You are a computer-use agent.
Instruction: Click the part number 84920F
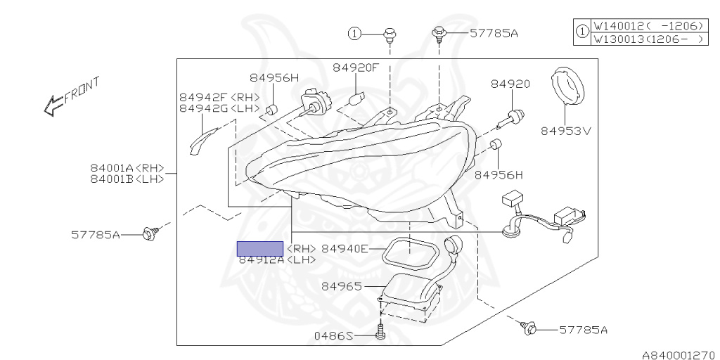tap(356, 67)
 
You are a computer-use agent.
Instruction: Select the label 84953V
tap(567, 130)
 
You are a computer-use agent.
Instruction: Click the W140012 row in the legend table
tap(648, 26)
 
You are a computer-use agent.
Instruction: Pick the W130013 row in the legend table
tap(648, 39)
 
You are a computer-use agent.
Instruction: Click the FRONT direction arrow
tap(70, 96)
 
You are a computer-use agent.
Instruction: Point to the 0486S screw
tap(380, 330)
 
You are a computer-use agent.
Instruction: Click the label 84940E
tap(345, 248)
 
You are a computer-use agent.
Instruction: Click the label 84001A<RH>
tap(127, 168)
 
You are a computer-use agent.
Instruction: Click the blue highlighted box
tap(260, 248)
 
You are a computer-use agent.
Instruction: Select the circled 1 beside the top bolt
tap(356, 33)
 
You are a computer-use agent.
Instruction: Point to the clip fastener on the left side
tap(149, 233)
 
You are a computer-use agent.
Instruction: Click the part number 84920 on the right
tap(510, 84)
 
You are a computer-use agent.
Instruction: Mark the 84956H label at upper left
tap(274, 77)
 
